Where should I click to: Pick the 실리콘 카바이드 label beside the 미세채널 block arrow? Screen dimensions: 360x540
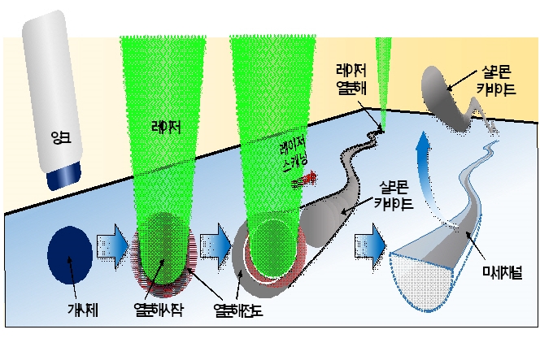point(394,197)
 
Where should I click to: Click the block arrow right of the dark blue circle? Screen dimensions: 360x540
point(111,246)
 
